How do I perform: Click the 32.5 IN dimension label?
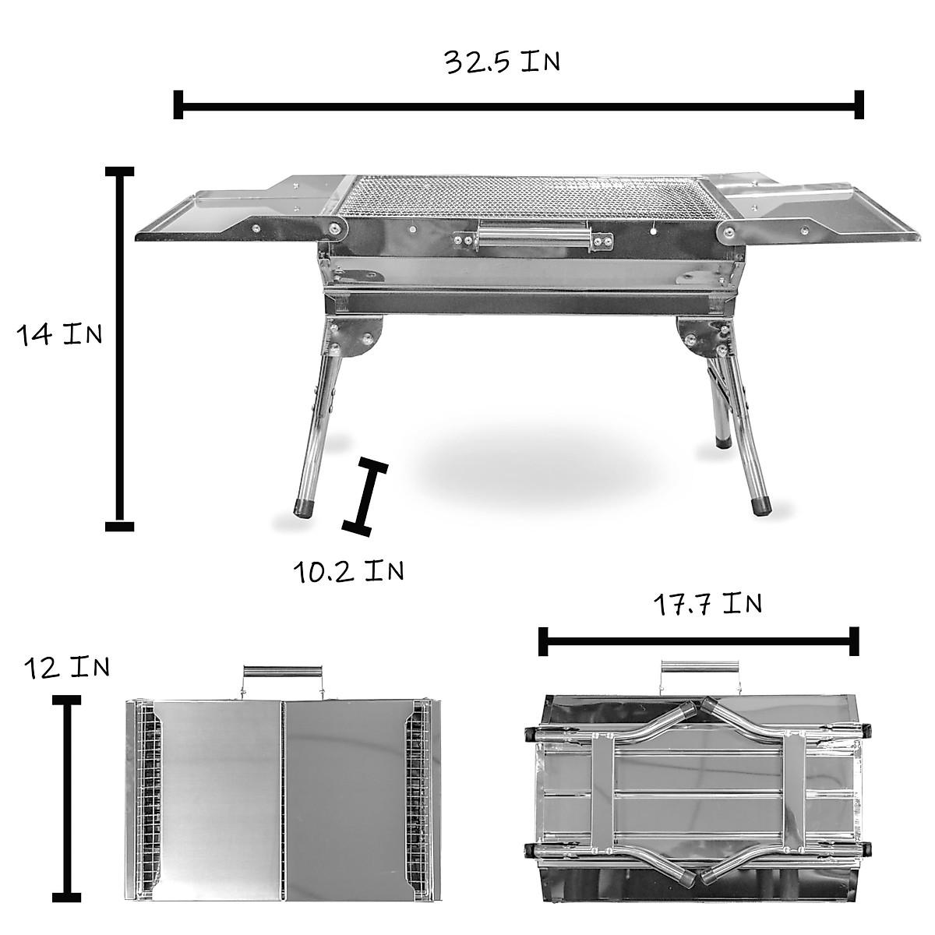502,62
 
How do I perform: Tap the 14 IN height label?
60,335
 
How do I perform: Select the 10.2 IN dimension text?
348,571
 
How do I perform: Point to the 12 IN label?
67,668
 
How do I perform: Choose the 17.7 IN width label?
707,604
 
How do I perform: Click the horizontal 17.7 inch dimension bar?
698,642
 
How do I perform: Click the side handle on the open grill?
533,235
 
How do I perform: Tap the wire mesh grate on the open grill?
530,195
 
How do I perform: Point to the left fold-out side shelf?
234,218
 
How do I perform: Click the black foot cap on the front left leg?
303,509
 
